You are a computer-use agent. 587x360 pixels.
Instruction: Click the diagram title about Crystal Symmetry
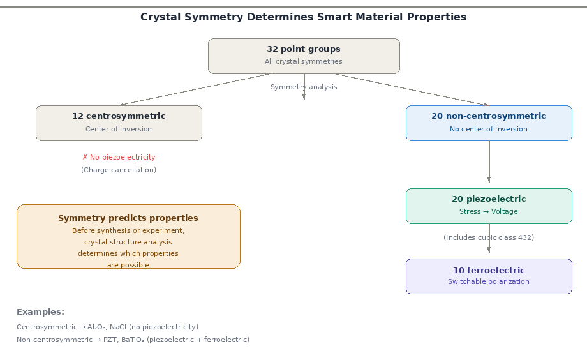click(303, 17)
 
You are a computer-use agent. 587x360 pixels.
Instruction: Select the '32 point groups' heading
click(304, 49)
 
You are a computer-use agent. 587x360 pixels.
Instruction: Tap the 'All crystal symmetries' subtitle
click(304, 62)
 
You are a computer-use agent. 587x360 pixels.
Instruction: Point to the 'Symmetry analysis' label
click(304, 87)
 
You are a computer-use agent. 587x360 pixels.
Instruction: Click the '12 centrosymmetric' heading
click(119, 116)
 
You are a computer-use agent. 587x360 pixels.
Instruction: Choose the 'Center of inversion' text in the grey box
click(119, 129)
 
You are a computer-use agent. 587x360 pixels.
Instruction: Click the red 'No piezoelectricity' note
click(119, 157)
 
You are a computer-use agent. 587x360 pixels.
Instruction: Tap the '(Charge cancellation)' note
click(119, 170)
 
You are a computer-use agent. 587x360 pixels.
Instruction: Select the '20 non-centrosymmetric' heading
click(489, 116)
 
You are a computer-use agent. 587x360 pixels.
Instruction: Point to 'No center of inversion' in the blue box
click(489, 129)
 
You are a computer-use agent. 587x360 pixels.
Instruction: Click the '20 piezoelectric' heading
click(489, 199)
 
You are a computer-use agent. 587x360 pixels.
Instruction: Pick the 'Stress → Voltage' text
click(489, 212)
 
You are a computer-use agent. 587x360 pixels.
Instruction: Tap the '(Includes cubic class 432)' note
click(489, 237)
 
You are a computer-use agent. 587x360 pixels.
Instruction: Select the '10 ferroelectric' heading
click(489, 270)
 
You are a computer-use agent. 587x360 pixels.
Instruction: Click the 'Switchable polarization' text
click(489, 281)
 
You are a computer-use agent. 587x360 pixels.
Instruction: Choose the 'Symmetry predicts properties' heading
click(128, 218)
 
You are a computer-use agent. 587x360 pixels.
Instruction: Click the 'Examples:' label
click(40, 312)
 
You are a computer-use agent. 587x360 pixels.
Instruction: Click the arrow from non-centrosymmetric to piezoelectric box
click(489, 163)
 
